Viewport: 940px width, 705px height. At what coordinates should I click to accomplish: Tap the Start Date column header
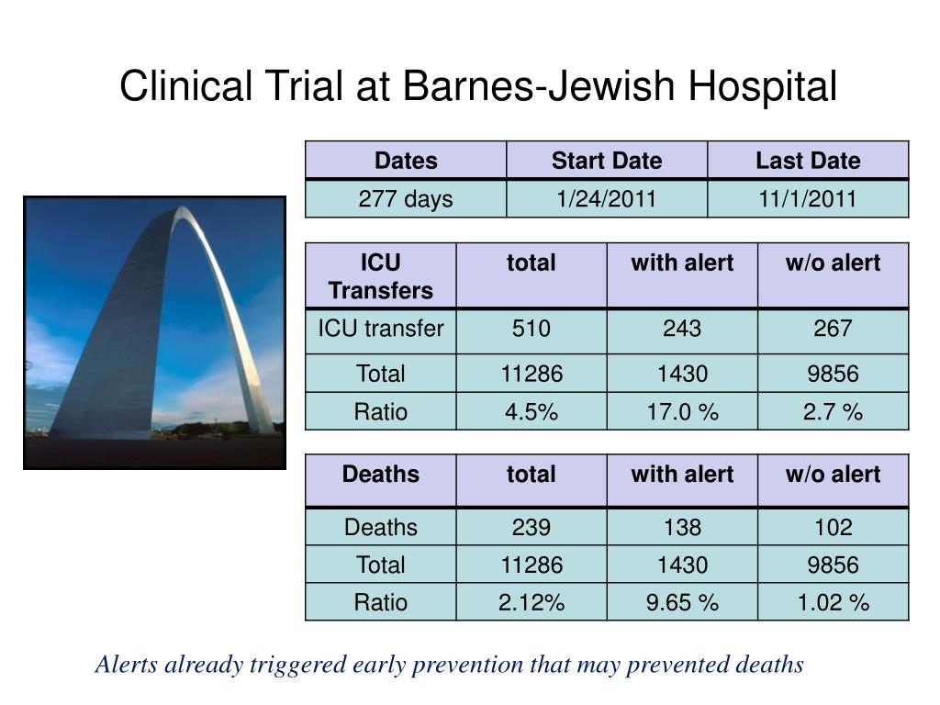(606, 161)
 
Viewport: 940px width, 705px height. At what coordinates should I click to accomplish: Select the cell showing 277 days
(406, 199)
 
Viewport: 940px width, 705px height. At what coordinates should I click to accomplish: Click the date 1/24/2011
(606, 199)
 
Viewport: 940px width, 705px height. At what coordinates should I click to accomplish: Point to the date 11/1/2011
(808, 199)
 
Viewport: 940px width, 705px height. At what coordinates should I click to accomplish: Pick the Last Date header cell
(808, 161)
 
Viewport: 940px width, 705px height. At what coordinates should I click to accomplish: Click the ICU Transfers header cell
(380, 276)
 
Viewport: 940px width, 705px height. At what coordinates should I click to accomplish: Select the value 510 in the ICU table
(531, 329)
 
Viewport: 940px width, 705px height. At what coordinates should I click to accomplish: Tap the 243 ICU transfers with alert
(682, 329)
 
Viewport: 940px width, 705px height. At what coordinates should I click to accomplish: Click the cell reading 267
(833, 329)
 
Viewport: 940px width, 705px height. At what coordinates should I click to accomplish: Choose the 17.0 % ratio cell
(682, 412)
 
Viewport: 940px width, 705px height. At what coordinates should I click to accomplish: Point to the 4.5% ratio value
(531, 412)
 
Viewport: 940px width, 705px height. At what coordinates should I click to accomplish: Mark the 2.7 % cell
(833, 412)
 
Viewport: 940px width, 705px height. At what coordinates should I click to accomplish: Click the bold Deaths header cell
(380, 475)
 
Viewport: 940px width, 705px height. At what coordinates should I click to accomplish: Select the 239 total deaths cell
(531, 527)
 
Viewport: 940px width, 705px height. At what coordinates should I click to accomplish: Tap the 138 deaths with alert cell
(682, 527)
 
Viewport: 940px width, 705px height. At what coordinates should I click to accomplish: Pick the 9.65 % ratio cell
(682, 602)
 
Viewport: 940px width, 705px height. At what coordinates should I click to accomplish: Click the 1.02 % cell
(833, 602)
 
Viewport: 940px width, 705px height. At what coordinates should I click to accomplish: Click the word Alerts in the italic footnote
(127, 664)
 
